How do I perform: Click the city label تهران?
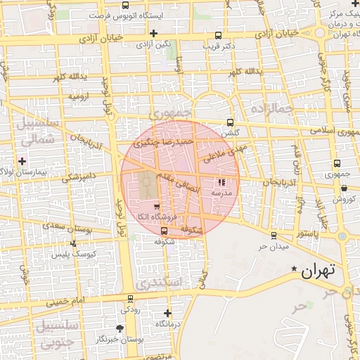(x=319, y=270)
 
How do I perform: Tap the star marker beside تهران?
(x=294, y=269)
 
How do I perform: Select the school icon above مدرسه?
(x=222, y=182)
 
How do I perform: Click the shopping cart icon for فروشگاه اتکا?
(x=156, y=207)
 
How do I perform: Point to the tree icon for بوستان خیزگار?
(x=120, y=328)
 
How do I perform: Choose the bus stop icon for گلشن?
(x=230, y=122)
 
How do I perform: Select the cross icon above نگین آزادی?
(x=153, y=33)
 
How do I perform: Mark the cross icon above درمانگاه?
(x=167, y=313)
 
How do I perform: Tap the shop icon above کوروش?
(x=344, y=188)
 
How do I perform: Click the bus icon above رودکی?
(x=129, y=298)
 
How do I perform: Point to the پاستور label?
(x=307, y=233)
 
